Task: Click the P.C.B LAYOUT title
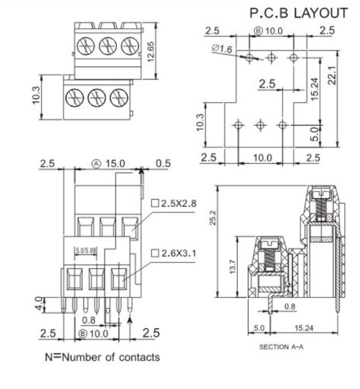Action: (298, 13)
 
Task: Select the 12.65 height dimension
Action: (152, 52)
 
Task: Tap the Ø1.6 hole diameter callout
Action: (222, 49)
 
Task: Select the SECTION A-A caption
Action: (282, 347)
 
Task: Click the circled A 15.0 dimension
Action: (108, 163)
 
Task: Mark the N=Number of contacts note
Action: (102, 357)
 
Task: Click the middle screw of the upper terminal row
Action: (108, 46)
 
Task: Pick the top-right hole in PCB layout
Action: (293, 57)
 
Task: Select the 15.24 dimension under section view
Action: (308, 328)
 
